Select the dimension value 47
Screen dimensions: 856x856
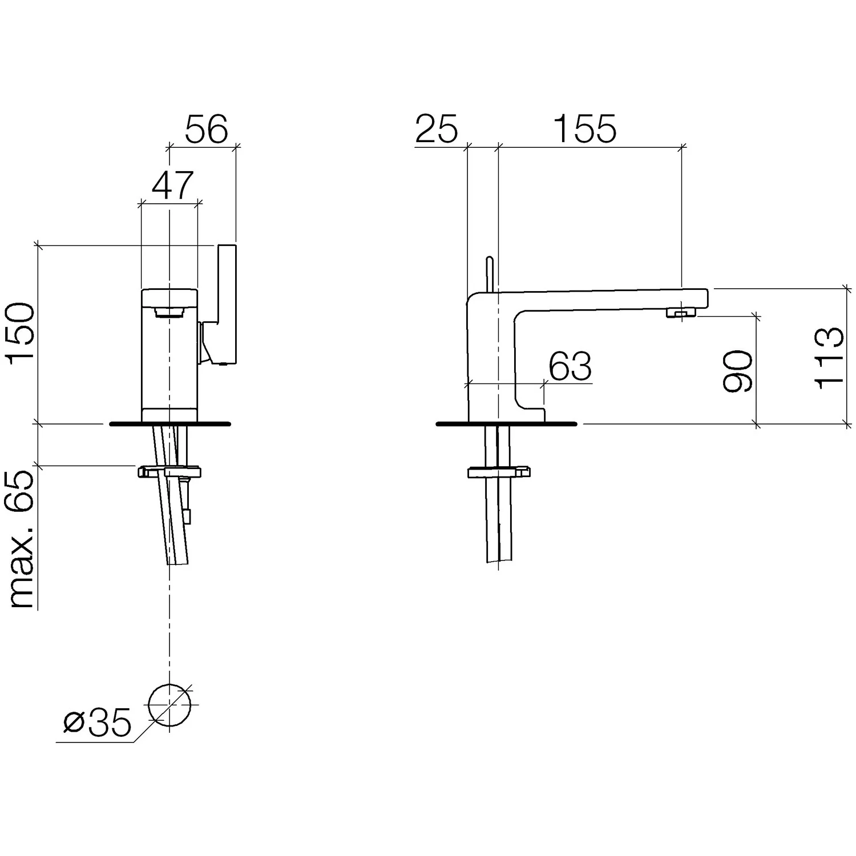[x=173, y=185]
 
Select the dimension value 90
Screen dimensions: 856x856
[x=737, y=372]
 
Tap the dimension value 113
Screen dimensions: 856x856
[x=828, y=358]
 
